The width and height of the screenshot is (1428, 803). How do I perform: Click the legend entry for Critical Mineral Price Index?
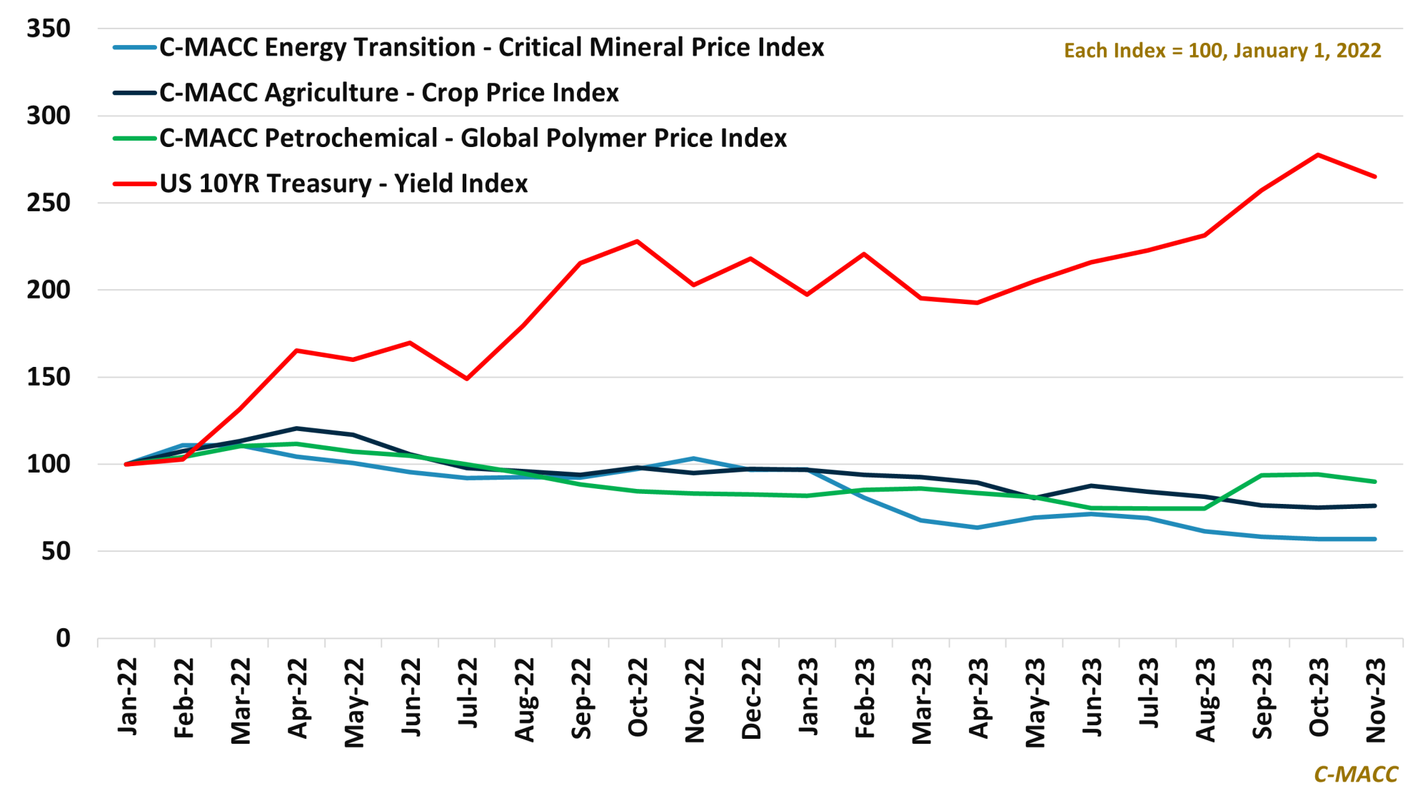[x=491, y=48]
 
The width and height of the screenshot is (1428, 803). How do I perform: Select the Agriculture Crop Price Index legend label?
[x=388, y=93]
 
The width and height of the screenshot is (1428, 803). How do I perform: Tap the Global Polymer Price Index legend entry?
[x=473, y=138]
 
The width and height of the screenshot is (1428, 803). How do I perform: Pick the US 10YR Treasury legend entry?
[x=343, y=184]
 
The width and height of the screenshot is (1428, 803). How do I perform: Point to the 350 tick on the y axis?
[x=49, y=29]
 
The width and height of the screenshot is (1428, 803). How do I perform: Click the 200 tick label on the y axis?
[x=49, y=290]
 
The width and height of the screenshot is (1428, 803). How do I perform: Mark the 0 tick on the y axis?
[x=63, y=638]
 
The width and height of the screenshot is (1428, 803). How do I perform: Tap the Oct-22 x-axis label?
[x=638, y=697]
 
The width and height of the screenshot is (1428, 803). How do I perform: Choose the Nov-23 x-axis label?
[x=1375, y=700]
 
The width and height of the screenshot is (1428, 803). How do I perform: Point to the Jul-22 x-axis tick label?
[x=468, y=693]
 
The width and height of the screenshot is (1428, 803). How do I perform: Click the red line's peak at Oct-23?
[x=1318, y=155]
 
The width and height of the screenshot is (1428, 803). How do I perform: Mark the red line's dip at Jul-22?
[x=467, y=378]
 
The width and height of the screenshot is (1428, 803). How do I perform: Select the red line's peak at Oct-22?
[x=637, y=241]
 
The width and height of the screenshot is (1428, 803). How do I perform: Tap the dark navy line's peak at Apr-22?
[x=296, y=428]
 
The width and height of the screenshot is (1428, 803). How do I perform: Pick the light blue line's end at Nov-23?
[x=1374, y=539]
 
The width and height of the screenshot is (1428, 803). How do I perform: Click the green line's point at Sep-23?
[x=1262, y=475]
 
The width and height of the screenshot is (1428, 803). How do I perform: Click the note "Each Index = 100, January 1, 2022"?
[x=1222, y=51]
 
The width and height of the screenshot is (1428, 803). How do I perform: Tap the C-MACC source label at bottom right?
[x=1355, y=774]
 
